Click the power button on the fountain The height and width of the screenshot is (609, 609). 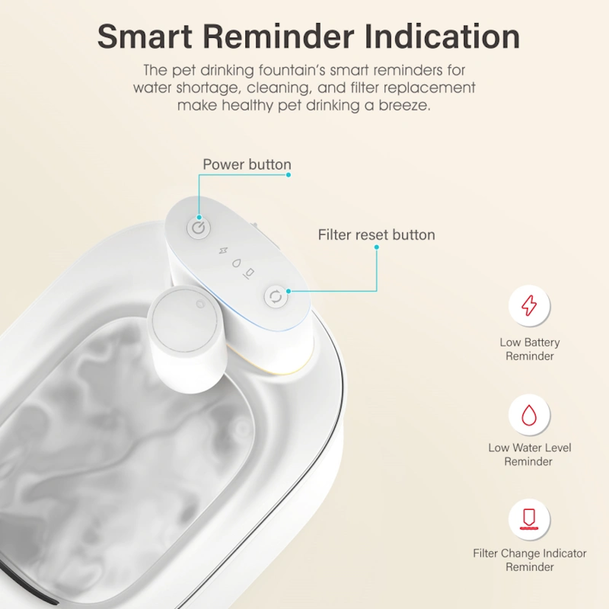pyautogui.click(x=199, y=228)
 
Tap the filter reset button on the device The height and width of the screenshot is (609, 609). pyautogui.click(x=276, y=297)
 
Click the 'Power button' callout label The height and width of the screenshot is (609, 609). pyautogui.click(x=247, y=164)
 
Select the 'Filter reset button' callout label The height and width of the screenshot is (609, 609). pyautogui.click(x=376, y=234)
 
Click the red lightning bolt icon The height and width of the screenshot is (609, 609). pyautogui.click(x=529, y=305)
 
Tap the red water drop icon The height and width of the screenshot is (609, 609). pyautogui.click(x=529, y=415)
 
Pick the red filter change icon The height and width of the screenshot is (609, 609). pyautogui.click(x=529, y=519)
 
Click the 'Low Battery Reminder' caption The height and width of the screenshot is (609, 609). pyautogui.click(x=530, y=349)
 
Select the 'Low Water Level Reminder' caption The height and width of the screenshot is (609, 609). pyautogui.click(x=530, y=454)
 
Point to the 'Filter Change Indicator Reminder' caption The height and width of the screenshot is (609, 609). pyautogui.click(x=530, y=560)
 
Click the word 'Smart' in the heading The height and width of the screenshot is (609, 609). pyautogui.click(x=144, y=37)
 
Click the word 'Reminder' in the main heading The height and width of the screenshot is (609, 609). pyautogui.click(x=278, y=37)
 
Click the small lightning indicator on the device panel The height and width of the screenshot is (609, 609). pyautogui.click(x=223, y=251)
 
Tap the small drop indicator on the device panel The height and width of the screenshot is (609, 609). pyautogui.click(x=236, y=263)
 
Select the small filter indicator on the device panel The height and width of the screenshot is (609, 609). pyautogui.click(x=249, y=273)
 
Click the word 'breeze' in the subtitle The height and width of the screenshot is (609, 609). pyautogui.click(x=404, y=105)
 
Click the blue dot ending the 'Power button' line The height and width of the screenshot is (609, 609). pyautogui.click(x=288, y=175)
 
